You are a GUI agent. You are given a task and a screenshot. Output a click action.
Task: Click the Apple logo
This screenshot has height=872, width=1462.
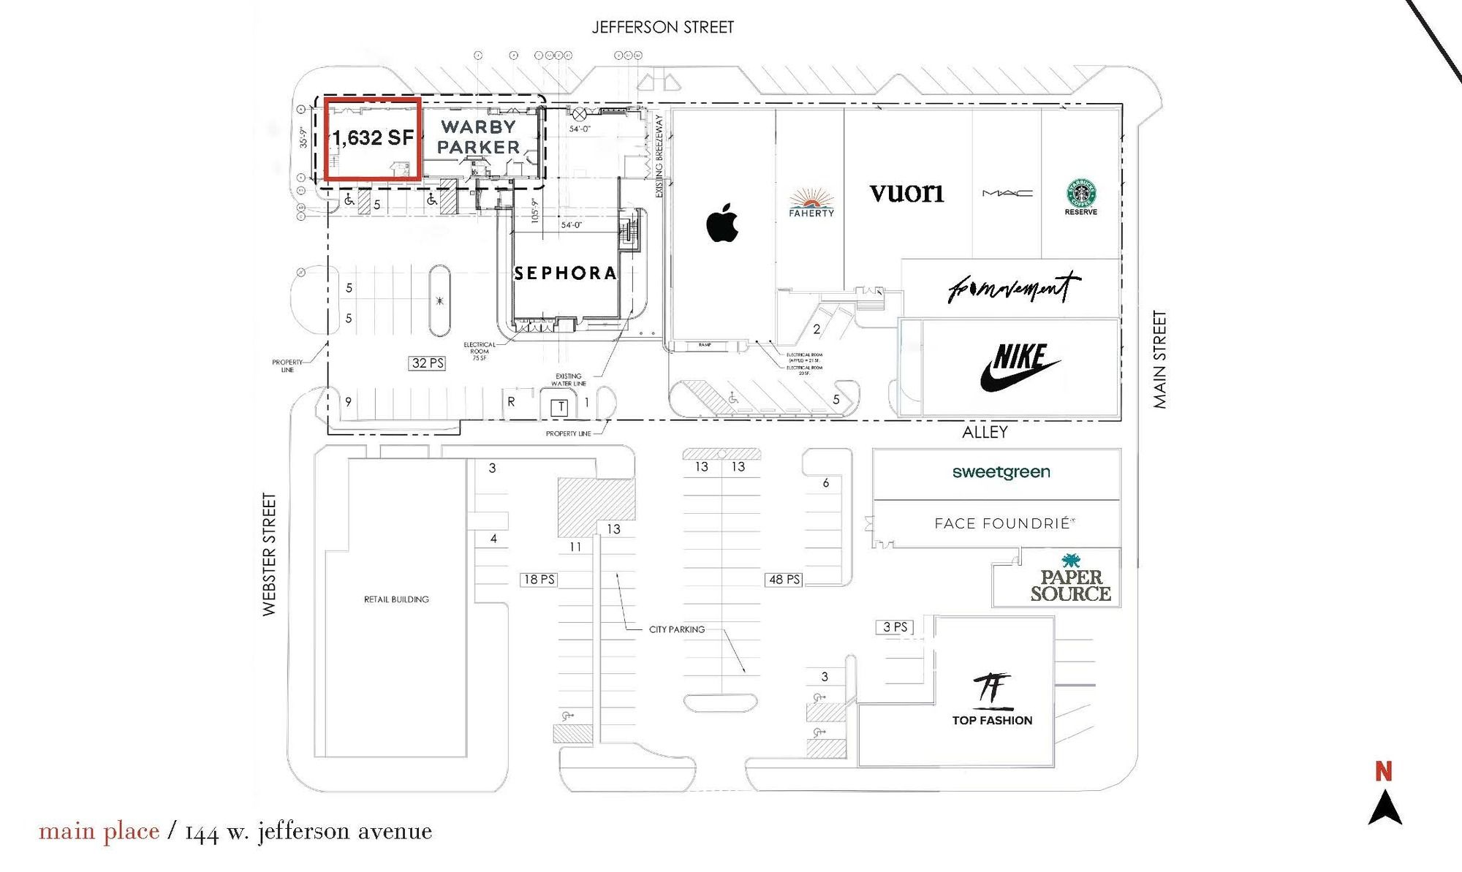pyautogui.click(x=722, y=223)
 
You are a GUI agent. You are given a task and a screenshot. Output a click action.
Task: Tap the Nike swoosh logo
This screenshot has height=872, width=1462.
pyautogui.click(x=1019, y=368)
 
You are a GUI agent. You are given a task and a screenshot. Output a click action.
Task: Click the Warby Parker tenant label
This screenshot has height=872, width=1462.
pyautogui.click(x=479, y=137)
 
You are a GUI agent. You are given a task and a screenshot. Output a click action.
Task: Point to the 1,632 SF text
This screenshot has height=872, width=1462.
pyautogui.click(x=373, y=137)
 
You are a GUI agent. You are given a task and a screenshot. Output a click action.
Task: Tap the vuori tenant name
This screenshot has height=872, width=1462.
pyautogui.click(x=906, y=193)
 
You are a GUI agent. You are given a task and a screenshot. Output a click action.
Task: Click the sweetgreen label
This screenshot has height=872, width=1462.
pyautogui.click(x=1001, y=472)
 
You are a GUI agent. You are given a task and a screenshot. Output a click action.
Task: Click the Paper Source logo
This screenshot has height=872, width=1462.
pyautogui.click(x=1071, y=579)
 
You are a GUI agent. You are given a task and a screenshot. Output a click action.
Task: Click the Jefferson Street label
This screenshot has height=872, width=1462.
pyautogui.click(x=662, y=28)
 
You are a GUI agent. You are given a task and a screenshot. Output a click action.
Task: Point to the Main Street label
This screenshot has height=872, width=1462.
pyautogui.click(x=1159, y=360)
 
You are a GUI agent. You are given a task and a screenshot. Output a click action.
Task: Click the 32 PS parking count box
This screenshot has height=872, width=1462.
pyautogui.click(x=428, y=363)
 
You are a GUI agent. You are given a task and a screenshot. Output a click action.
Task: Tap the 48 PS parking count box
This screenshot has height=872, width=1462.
pyautogui.click(x=784, y=580)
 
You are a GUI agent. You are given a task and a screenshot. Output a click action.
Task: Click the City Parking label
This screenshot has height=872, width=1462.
pyautogui.click(x=677, y=629)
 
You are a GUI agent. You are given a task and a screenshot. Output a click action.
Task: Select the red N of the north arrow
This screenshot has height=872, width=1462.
pyautogui.click(x=1383, y=771)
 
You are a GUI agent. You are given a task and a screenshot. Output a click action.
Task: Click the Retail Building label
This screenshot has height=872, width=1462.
pyautogui.click(x=396, y=599)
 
